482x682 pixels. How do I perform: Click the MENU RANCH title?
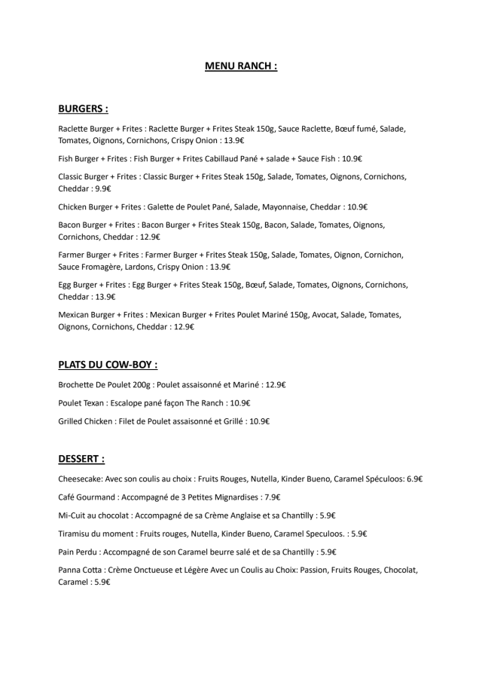(241, 66)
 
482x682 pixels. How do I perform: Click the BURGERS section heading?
(83, 109)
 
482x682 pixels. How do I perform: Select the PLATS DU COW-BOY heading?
(108, 365)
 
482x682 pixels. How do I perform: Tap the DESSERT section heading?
(81, 458)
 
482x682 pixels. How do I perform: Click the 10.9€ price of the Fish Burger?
(352, 158)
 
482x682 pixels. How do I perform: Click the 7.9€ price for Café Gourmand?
(271, 497)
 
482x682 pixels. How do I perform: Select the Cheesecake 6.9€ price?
(412, 479)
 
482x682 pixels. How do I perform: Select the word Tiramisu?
(76, 534)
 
